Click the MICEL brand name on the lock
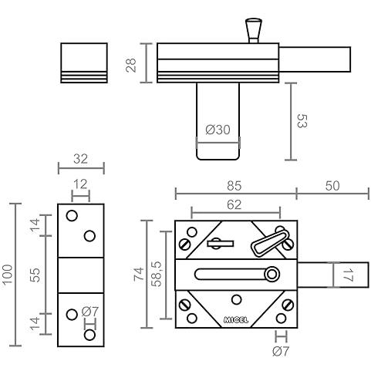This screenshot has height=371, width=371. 236,320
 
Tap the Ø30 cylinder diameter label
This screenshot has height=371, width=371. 218,130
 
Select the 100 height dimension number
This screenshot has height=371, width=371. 8,275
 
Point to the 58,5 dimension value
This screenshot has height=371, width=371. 157,274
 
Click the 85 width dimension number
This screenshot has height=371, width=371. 234,186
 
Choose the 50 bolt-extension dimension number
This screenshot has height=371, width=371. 332,186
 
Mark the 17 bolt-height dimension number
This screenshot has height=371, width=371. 348,275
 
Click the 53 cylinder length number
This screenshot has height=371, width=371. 302,121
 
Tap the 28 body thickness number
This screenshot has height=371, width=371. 131,66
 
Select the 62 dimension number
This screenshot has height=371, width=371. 234,205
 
